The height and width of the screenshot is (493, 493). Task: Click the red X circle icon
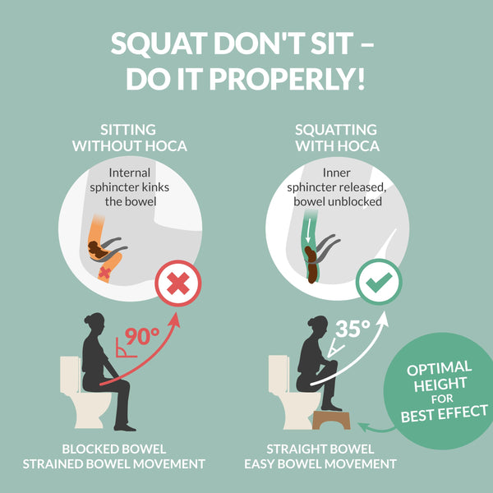tap(178, 283)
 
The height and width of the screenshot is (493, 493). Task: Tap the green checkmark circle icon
tap(379, 283)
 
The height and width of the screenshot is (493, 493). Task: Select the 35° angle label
tap(352, 329)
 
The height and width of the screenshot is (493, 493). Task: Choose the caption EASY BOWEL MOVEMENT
tap(331, 464)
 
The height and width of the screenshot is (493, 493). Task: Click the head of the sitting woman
tap(94, 321)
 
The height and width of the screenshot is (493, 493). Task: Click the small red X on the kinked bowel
tap(104, 270)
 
